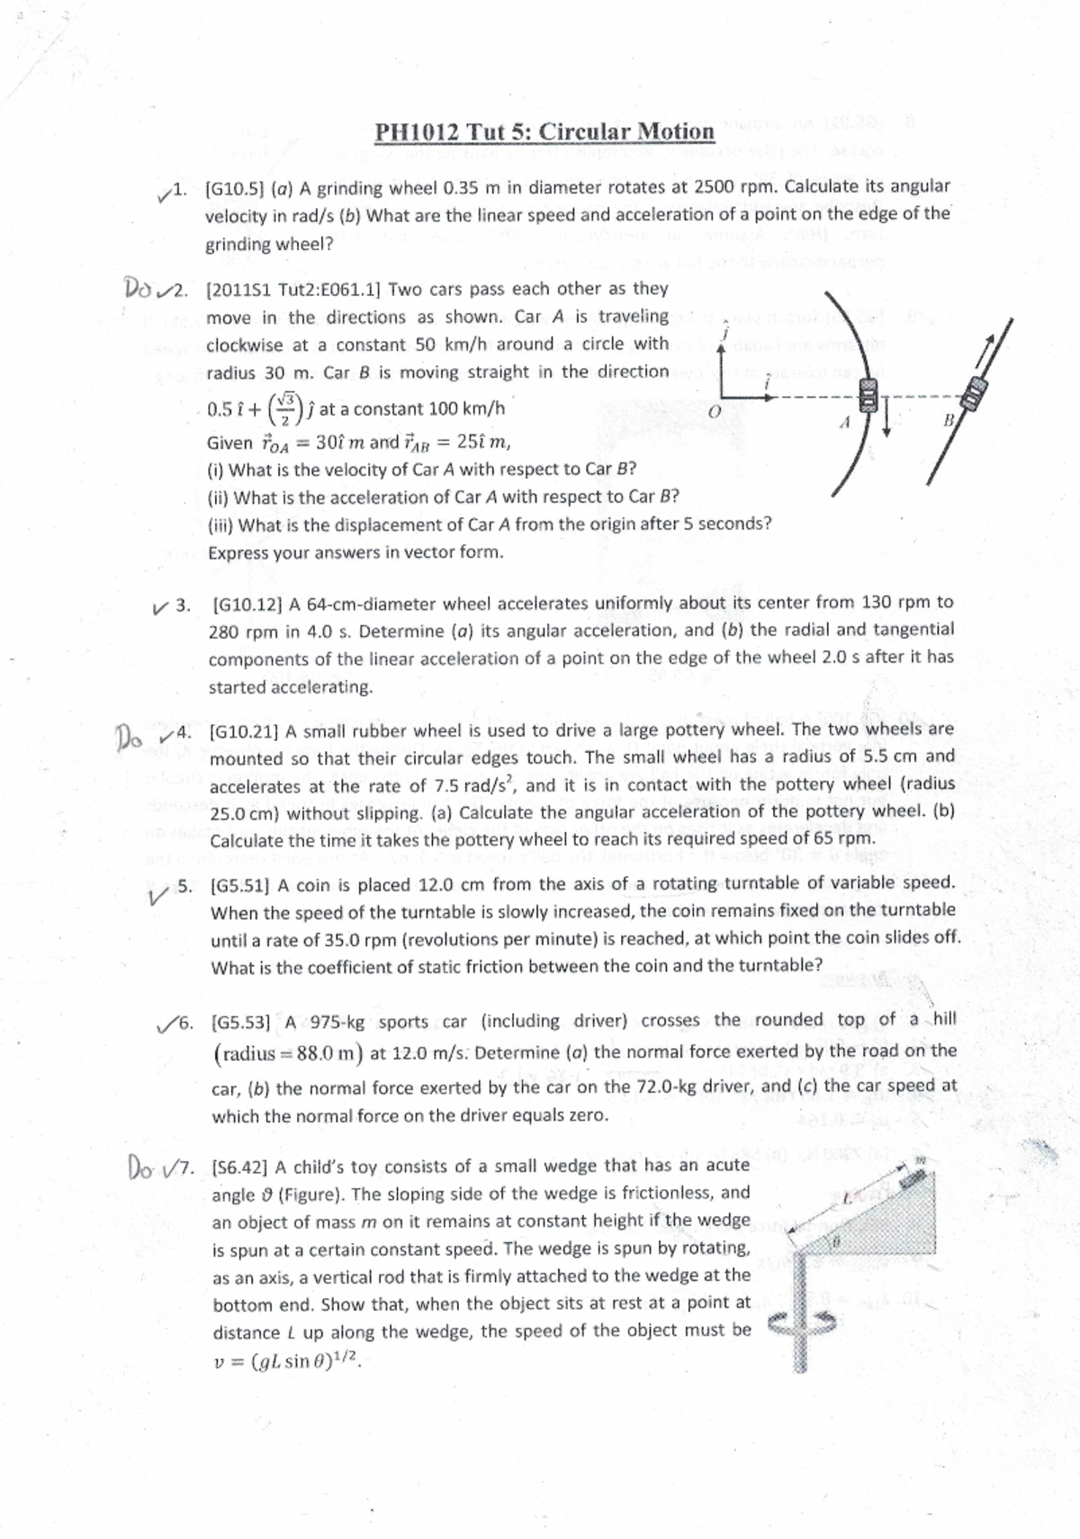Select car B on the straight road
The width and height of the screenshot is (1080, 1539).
pos(974,392)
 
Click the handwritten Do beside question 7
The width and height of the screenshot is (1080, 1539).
pos(142,1169)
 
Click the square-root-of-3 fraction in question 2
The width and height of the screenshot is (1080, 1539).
pos(286,408)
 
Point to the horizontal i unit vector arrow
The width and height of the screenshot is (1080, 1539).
pos(751,394)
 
